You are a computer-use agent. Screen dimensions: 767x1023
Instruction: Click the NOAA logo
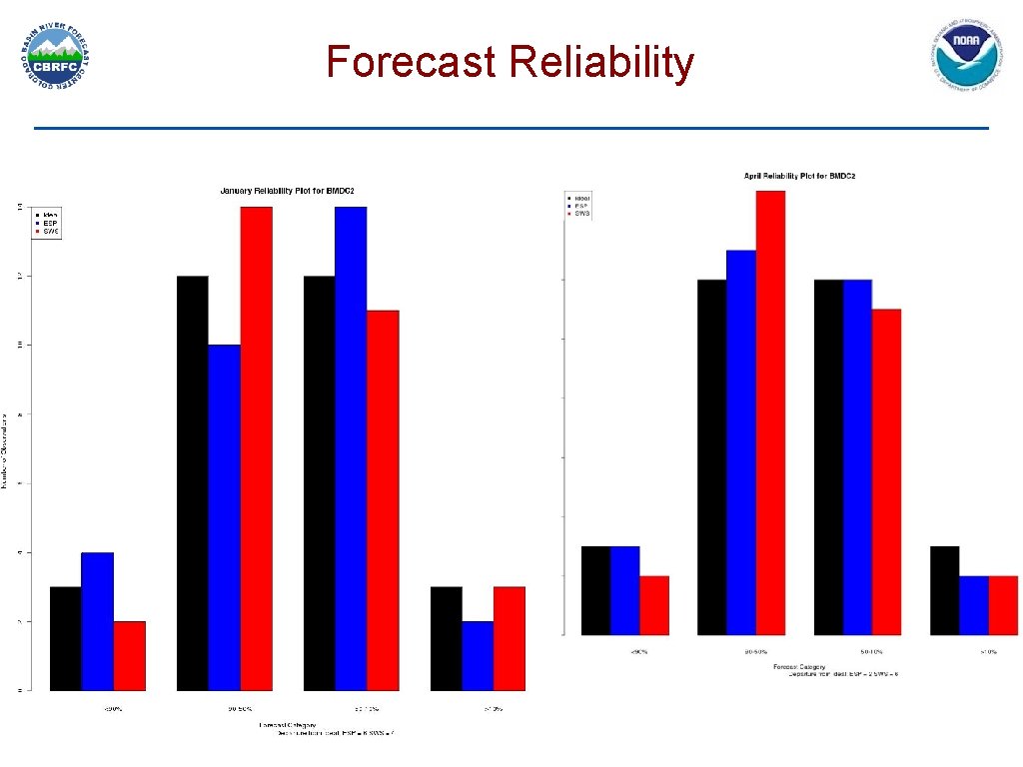click(966, 57)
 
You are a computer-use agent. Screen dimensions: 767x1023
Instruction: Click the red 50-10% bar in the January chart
click(383, 499)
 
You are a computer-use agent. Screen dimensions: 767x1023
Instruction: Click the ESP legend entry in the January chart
click(48, 223)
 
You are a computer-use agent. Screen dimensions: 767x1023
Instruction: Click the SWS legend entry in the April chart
click(580, 214)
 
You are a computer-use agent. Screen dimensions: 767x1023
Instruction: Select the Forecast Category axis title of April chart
click(797, 666)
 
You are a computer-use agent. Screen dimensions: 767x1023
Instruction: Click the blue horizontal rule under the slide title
click(511, 128)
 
